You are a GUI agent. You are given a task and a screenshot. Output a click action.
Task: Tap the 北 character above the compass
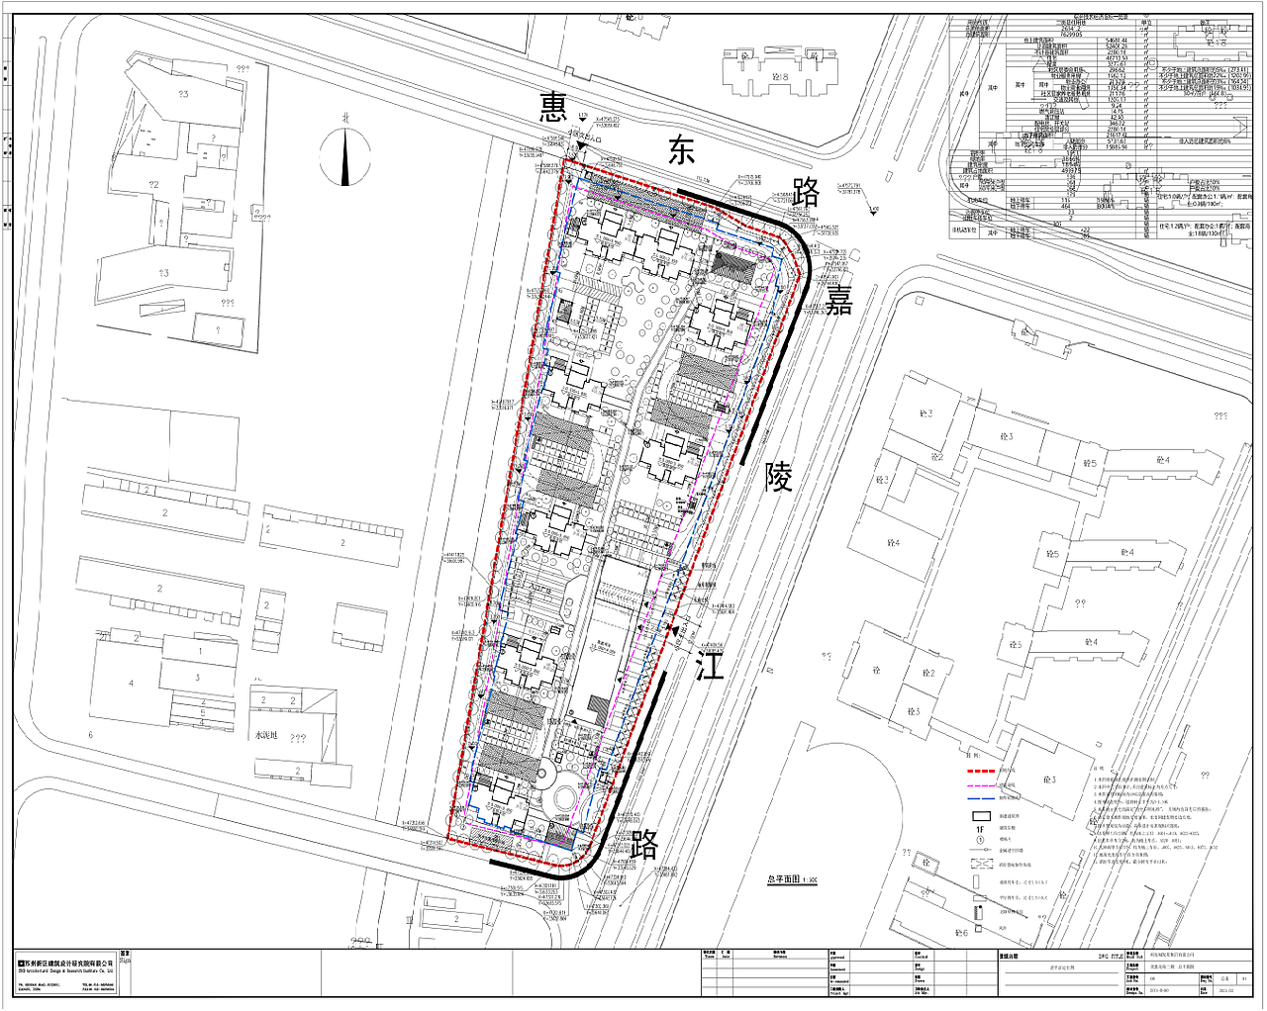(x=345, y=118)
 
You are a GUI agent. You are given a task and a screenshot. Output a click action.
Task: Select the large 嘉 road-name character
(x=839, y=300)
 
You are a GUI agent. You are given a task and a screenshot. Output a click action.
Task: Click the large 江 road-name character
(x=710, y=665)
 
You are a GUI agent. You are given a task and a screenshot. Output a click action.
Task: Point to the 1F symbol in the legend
(x=980, y=829)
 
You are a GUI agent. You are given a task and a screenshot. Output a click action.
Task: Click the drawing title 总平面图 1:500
(x=792, y=879)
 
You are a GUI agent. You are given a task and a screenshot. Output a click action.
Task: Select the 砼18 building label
(x=778, y=76)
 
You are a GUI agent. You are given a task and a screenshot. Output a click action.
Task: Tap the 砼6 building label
(x=960, y=933)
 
